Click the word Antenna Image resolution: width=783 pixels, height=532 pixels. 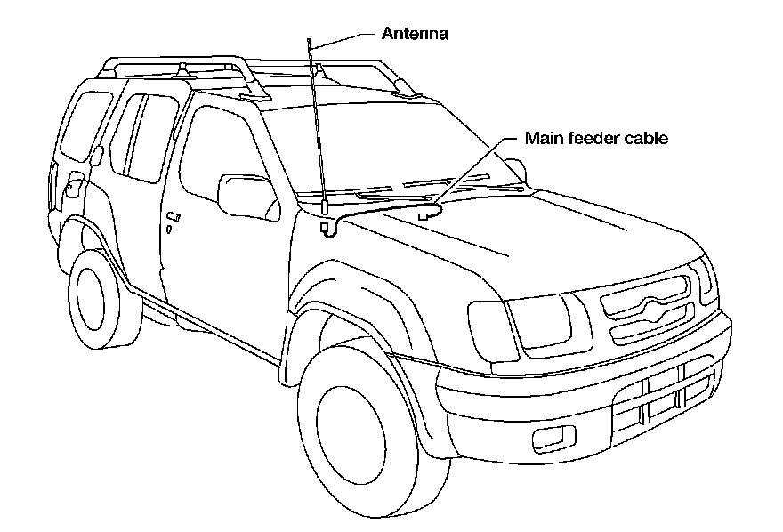pyautogui.click(x=415, y=35)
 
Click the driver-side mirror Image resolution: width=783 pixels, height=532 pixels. pyautogui.click(x=246, y=196)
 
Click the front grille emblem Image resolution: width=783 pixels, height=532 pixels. pyautogui.click(x=648, y=307)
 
